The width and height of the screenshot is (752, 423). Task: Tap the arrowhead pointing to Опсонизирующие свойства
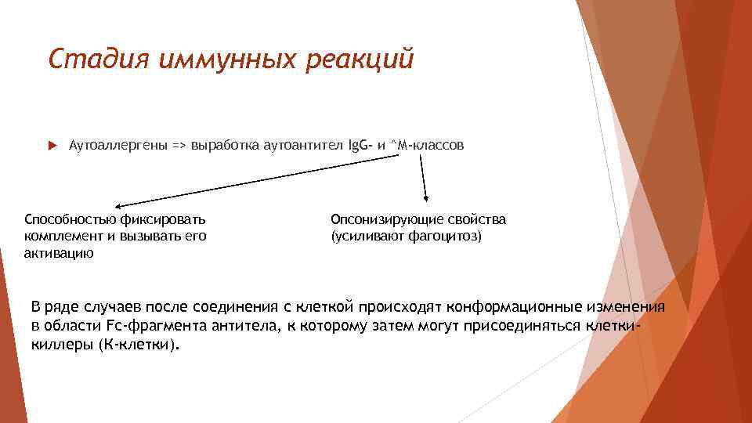[x=425, y=197]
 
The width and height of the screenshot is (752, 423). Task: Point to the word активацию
[x=60, y=252]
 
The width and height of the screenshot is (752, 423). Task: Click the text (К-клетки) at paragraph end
[x=139, y=345]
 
